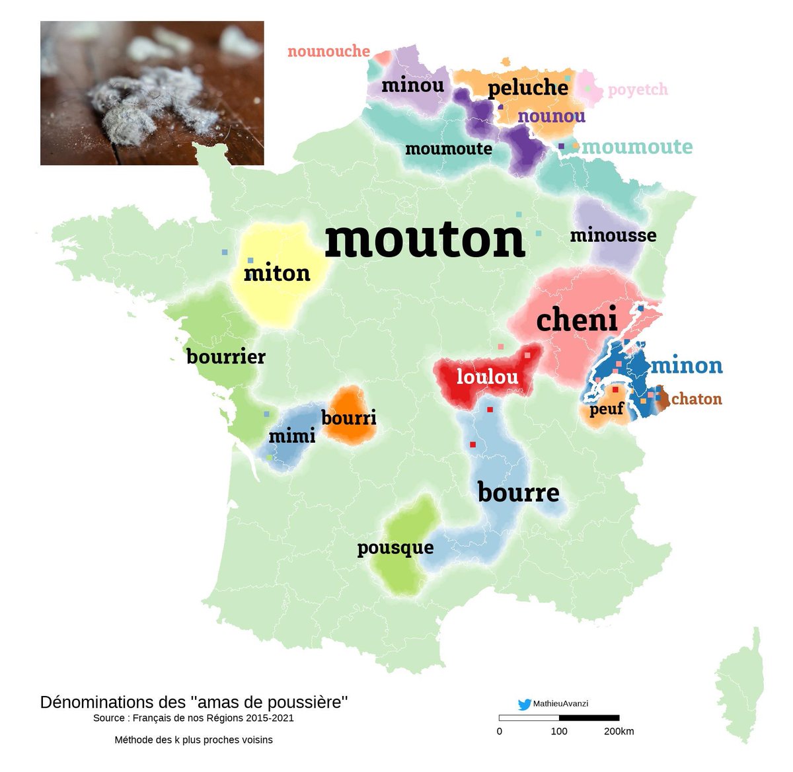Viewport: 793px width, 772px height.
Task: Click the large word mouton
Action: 425,239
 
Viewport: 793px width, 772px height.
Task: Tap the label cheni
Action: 576,320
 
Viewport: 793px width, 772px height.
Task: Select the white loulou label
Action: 487,377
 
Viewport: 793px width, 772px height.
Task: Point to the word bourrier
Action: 226,357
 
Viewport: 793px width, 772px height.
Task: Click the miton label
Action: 277,273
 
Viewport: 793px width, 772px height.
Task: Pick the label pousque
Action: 395,548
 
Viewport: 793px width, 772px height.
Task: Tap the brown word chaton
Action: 697,399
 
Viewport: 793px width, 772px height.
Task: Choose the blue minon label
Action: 687,366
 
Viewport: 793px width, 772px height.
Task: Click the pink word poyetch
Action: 638,90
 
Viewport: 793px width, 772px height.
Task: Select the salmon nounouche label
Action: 328,51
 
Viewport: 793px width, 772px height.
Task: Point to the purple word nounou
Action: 551,116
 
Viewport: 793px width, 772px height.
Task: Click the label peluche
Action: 528,88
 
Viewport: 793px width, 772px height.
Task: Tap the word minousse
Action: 613,235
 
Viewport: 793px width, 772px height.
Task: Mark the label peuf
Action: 607,410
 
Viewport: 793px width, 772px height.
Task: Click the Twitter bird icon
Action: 525,705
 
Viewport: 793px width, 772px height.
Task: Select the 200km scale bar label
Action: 619,731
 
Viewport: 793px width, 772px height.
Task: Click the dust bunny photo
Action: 152,93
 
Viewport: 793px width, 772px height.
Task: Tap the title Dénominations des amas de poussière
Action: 194,702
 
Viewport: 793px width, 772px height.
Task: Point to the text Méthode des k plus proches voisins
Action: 194,740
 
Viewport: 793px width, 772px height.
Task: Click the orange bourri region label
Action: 349,418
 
